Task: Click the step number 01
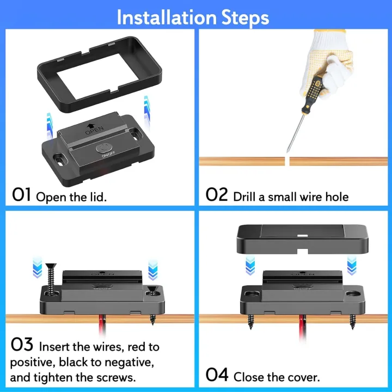(x=22, y=195)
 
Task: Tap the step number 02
(x=217, y=195)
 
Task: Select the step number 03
(x=22, y=345)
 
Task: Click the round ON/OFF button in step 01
(x=103, y=148)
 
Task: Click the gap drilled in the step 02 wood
(x=288, y=161)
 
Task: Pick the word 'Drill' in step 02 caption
(x=244, y=196)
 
